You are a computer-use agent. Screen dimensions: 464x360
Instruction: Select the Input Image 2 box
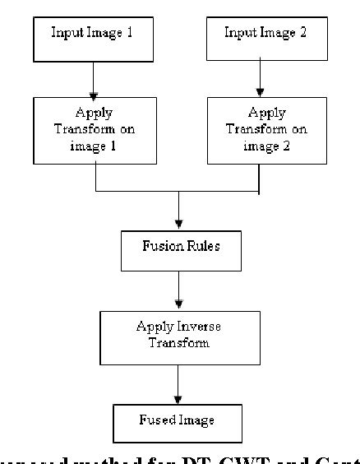click(x=261, y=35)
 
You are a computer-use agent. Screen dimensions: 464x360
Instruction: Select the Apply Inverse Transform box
click(x=178, y=334)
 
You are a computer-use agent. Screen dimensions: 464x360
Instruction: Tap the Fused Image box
click(x=178, y=421)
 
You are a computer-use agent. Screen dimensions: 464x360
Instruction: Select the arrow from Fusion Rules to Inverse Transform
click(x=178, y=288)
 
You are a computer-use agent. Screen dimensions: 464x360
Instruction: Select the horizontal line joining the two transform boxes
click(x=178, y=192)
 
